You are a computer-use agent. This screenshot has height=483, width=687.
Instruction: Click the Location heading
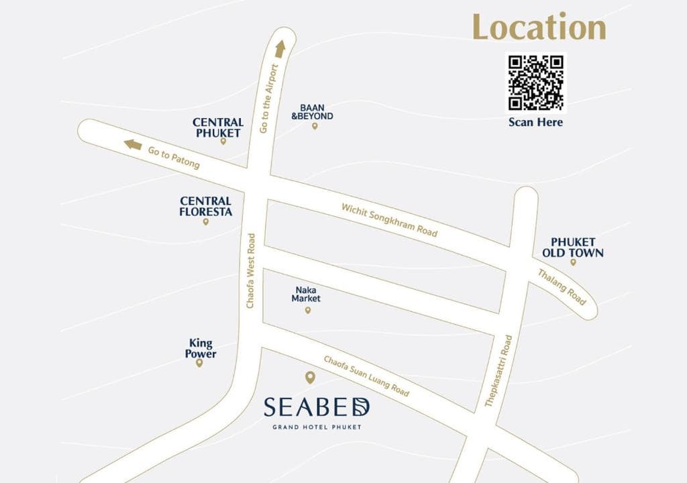(539, 27)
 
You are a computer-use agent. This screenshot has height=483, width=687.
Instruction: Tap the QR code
(535, 83)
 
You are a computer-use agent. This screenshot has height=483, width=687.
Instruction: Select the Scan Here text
(535, 122)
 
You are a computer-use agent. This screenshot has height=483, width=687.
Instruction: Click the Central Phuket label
(218, 127)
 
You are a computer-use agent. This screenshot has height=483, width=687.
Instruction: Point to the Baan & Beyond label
(313, 111)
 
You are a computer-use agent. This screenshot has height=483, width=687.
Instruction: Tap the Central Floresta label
(206, 206)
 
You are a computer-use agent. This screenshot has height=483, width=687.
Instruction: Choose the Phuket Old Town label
(573, 248)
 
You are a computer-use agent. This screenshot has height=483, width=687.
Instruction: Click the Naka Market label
(306, 294)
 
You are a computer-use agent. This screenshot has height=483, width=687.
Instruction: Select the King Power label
(201, 348)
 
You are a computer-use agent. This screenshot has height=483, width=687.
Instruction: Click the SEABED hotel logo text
(317, 407)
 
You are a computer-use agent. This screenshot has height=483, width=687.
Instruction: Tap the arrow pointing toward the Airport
(280, 48)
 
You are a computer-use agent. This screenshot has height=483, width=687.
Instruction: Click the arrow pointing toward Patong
(133, 144)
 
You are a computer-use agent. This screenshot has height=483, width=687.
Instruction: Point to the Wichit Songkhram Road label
(389, 219)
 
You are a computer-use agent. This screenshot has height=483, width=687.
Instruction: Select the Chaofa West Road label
(251, 271)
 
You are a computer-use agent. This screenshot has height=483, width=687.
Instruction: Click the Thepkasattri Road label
(498, 371)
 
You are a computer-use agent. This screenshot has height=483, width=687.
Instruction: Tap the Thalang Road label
(562, 287)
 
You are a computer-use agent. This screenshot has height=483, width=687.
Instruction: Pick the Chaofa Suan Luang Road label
(366, 376)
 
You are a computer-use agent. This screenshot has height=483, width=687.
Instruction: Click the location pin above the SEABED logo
(309, 378)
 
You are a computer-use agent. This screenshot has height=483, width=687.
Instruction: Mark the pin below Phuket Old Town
(573, 262)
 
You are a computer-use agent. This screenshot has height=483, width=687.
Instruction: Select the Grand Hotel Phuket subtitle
(317, 427)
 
